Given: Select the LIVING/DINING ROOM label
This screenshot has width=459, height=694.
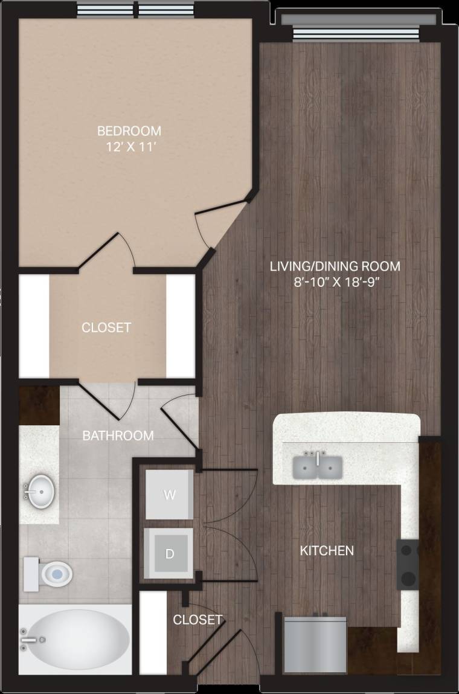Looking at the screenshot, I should pos(335,266).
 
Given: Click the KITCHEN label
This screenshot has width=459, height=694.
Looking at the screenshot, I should pos(327,550).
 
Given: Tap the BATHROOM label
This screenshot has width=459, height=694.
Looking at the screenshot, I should pos(118,435).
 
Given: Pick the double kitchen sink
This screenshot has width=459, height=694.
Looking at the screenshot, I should pos(318,466).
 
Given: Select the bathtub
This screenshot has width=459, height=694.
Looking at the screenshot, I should pos(75,639).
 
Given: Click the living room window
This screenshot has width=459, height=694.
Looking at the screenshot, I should pos(356,34).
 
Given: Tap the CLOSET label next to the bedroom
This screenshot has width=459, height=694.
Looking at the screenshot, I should pos(106,327).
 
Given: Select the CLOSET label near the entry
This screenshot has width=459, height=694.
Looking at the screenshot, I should pos(197,620).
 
